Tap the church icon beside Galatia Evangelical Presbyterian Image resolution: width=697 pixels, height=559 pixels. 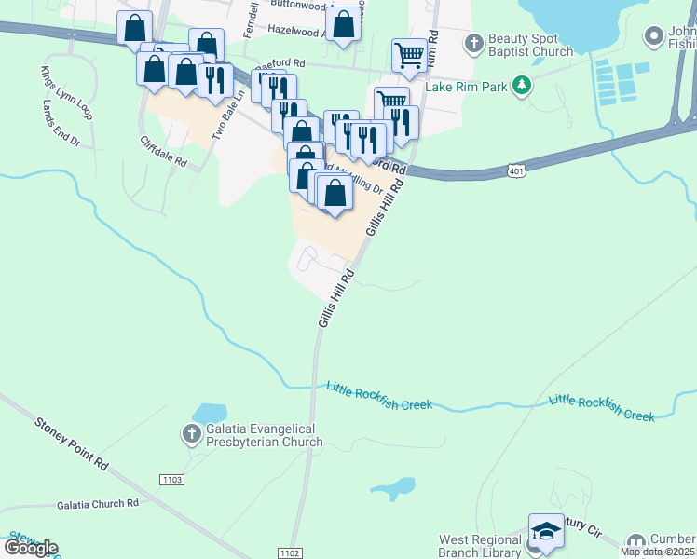point(191,434)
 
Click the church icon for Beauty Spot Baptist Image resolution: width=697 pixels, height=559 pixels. point(474,44)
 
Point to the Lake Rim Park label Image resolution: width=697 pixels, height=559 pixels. point(466,88)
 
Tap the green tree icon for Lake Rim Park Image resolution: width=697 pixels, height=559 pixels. point(522,87)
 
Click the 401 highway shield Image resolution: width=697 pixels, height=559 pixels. point(516,170)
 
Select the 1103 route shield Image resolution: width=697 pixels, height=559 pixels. point(171,479)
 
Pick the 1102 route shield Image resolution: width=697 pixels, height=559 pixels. point(290,553)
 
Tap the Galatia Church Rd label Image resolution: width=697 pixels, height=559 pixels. point(97,503)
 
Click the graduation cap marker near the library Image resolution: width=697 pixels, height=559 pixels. point(546,532)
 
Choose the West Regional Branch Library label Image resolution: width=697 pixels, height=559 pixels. point(481,546)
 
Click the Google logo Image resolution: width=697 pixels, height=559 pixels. point(30,548)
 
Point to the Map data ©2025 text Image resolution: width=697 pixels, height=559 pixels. point(658,551)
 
